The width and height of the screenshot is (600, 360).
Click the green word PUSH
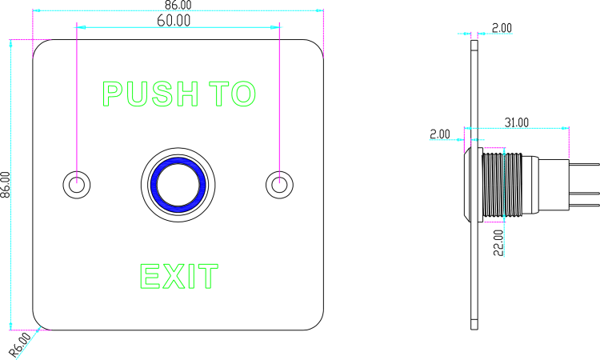pos(150,94)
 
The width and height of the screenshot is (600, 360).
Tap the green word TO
pos(232,94)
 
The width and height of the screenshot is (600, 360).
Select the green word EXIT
pos(178,277)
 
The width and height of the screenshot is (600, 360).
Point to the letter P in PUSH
pos(111,94)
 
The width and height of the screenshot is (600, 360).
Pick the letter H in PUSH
pos(187,94)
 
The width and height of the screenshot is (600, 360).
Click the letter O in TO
pos(243,94)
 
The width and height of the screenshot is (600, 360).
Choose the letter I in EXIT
pos(191,277)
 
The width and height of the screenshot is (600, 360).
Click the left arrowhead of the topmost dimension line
pos(37,10)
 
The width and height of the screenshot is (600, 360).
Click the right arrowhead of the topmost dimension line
pos(319,10)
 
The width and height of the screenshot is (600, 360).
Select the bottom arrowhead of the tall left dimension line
pos(10,324)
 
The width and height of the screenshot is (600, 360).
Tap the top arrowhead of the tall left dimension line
pos(10,44)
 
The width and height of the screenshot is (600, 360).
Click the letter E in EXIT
pos(150,277)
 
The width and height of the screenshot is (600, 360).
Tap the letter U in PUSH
pos(137,94)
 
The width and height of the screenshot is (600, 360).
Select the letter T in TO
pos(220,94)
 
